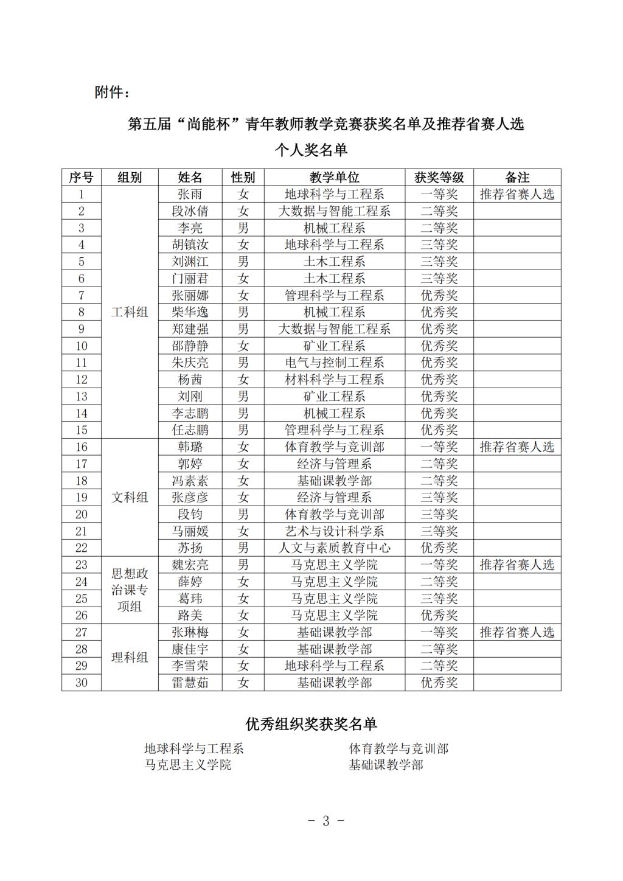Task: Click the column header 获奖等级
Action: pyautogui.click(x=439, y=178)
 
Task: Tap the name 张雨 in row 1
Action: pyautogui.click(x=190, y=195)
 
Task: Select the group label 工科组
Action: pyautogui.click(x=130, y=312)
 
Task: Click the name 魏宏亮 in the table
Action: pyautogui.click(x=190, y=565)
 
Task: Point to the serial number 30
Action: pyautogui.click(x=82, y=683)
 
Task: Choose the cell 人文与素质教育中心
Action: pyautogui.click(x=335, y=548)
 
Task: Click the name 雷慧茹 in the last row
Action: pyautogui.click(x=190, y=683)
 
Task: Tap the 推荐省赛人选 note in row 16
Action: pyautogui.click(x=517, y=447)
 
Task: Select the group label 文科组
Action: pyautogui.click(x=130, y=498)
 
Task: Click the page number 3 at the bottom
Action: pyautogui.click(x=325, y=821)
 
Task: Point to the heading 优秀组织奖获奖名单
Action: pyautogui.click(x=311, y=724)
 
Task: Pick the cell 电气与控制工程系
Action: pyautogui.click(x=335, y=363)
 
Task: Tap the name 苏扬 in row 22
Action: pyautogui.click(x=190, y=548)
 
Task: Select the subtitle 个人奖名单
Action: pyautogui.click(x=311, y=150)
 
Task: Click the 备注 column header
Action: pyautogui.click(x=517, y=178)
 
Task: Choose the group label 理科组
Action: pyautogui.click(x=130, y=658)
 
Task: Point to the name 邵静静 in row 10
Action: pyautogui.click(x=190, y=346)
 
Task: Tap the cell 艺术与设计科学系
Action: pyautogui.click(x=335, y=531)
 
